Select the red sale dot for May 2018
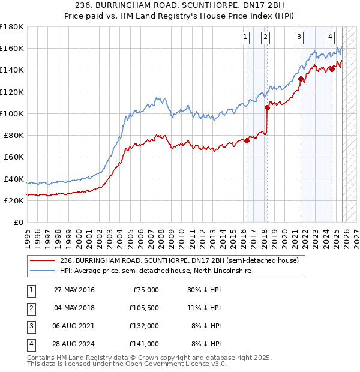(x=267, y=108)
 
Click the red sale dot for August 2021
(x=301, y=79)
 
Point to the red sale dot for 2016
(x=247, y=141)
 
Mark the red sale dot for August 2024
(x=332, y=69)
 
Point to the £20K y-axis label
(x=13, y=201)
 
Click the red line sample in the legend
(x=43, y=260)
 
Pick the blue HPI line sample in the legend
(x=43, y=271)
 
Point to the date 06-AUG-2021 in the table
(x=74, y=326)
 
